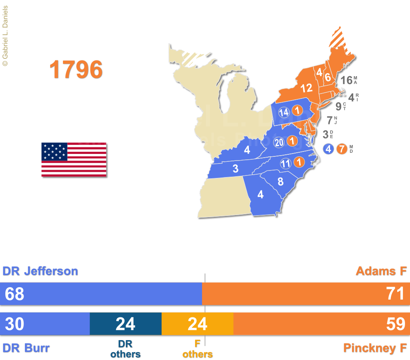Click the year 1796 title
pyautogui.click(x=76, y=70)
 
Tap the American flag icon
pyautogui.click(x=74, y=160)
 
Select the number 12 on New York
pyautogui.click(x=306, y=88)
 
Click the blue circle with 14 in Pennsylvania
pyautogui.click(x=284, y=112)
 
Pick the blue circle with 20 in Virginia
pyautogui.click(x=279, y=142)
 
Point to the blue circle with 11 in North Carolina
pyautogui.click(x=285, y=163)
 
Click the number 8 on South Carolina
pyautogui.click(x=280, y=181)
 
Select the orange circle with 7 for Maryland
pyautogui.click(x=341, y=149)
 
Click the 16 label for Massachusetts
pyautogui.click(x=346, y=80)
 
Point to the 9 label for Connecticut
pyautogui.click(x=338, y=107)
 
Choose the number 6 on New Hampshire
pyautogui.click(x=327, y=77)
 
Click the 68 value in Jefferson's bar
pyautogui.click(x=14, y=294)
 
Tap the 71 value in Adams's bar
pyautogui.click(x=395, y=294)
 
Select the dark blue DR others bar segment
pyautogui.click(x=125, y=324)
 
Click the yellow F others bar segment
pyautogui.click(x=197, y=324)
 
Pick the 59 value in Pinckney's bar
pyautogui.click(x=395, y=324)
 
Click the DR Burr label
pyautogui.click(x=26, y=348)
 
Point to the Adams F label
pyautogui.click(x=381, y=271)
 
